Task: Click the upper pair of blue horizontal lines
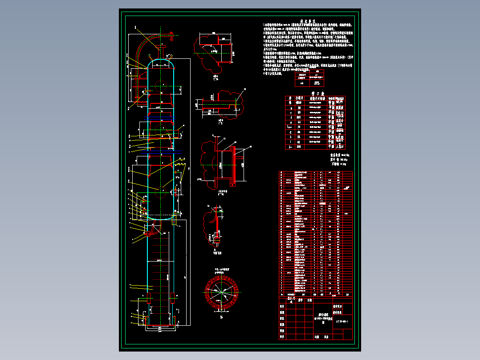tap(160, 118)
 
